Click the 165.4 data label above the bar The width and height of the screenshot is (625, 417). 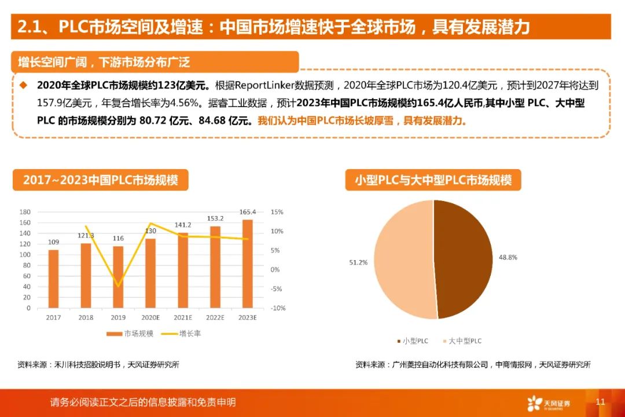(x=247, y=212)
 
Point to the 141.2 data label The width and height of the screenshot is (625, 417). (x=183, y=225)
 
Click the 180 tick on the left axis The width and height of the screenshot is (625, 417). (x=25, y=212)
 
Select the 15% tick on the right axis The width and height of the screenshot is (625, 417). (x=277, y=212)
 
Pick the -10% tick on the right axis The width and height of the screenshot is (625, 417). (x=278, y=308)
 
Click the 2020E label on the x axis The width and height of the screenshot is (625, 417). (x=150, y=318)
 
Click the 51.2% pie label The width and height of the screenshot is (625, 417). (x=358, y=262)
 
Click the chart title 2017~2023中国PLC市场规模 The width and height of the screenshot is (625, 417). (x=101, y=180)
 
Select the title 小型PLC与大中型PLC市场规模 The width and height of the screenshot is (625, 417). (x=433, y=180)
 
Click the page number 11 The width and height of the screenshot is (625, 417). (x=600, y=401)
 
